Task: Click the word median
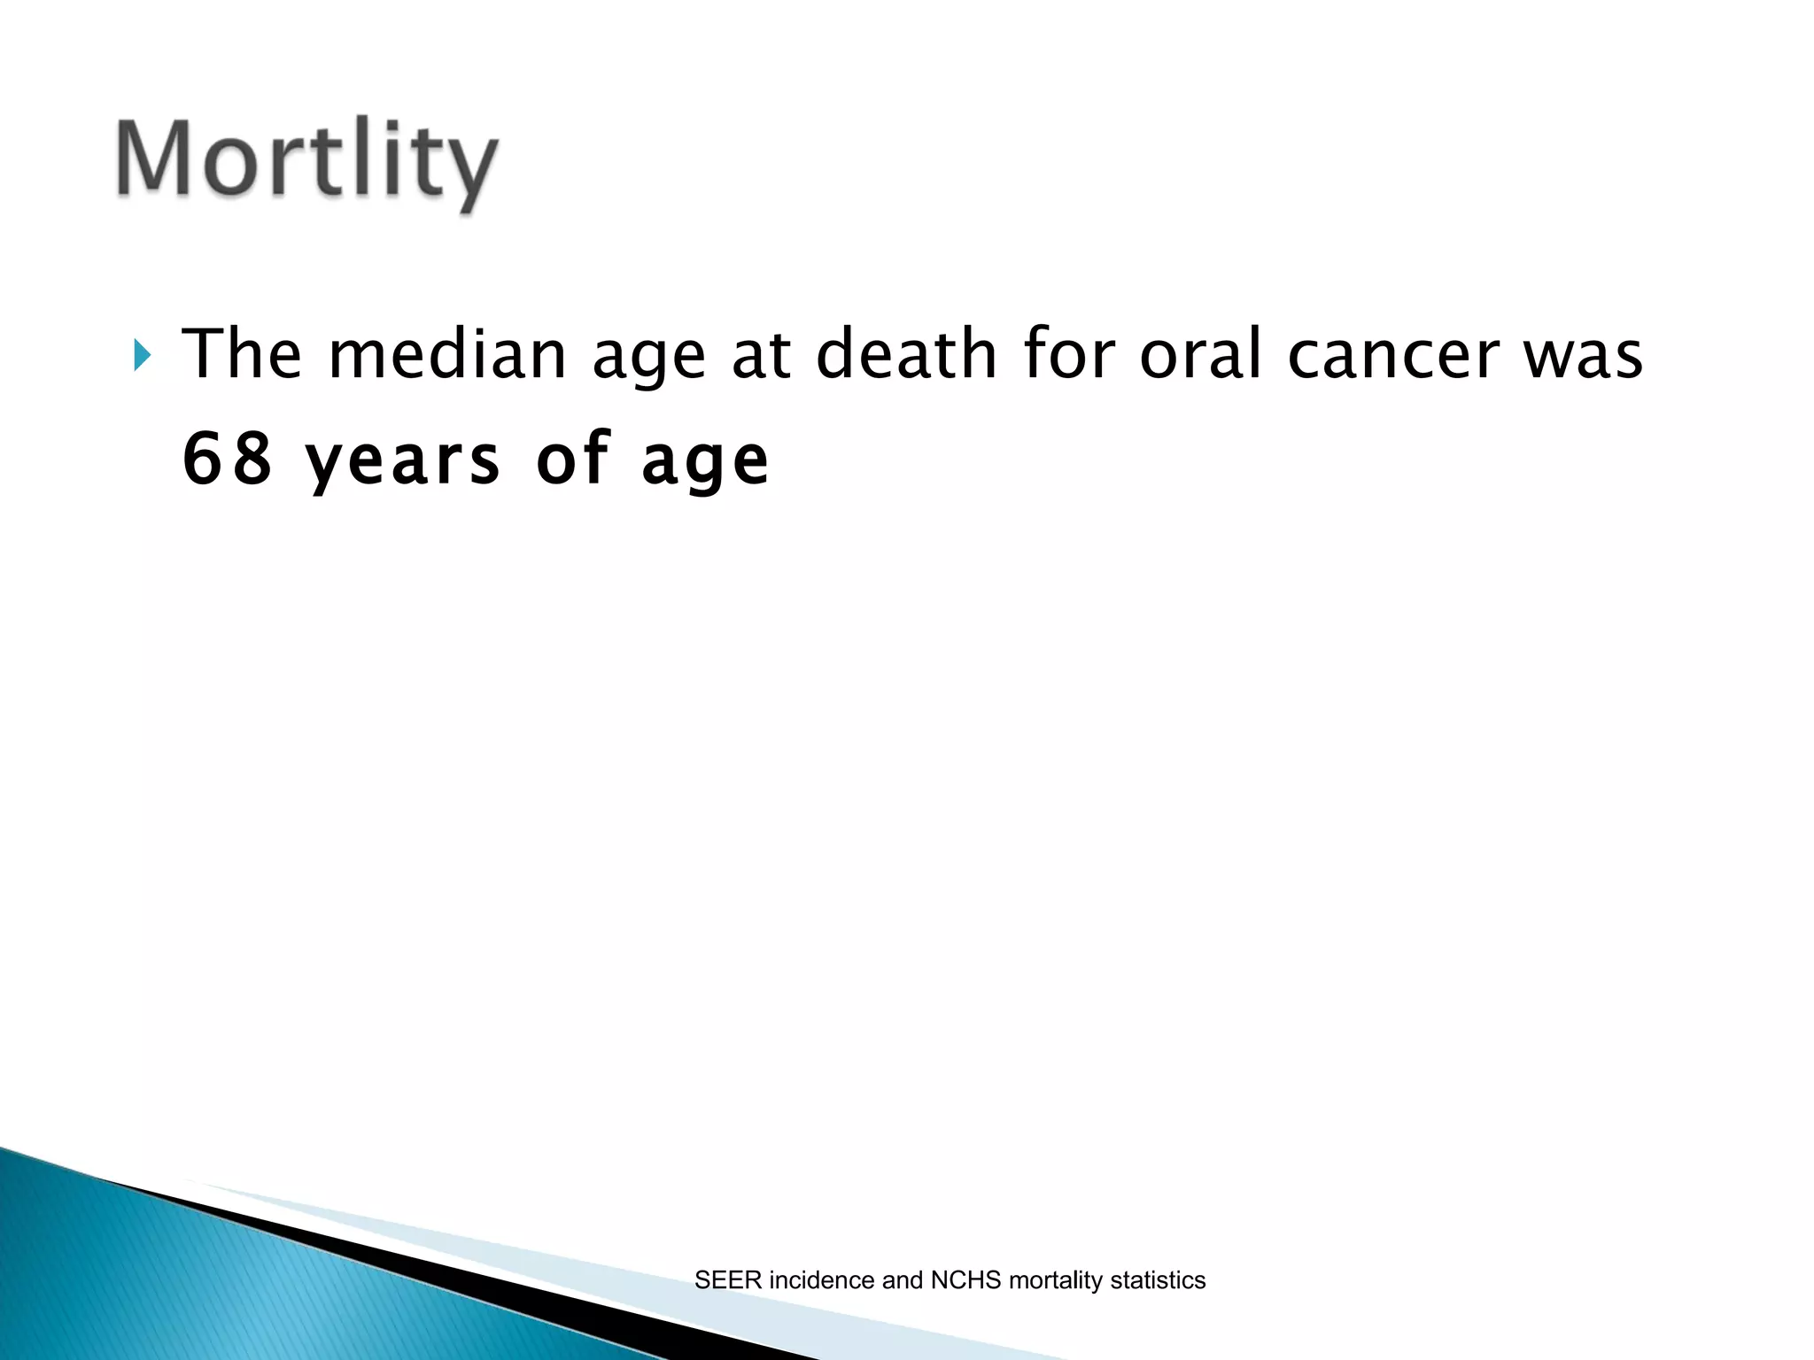pyautogui.click(x=447, y=354)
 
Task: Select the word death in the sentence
pyautogui.click(x=906, y=354)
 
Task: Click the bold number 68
pyautogui.click(x=227, y=459)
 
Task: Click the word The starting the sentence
pyautogui.click(x=242, y=354)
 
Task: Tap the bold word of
pyautogui.click(x=573, y=459)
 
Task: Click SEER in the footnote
pyautogui.click(x=727, y=1280)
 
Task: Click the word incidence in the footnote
pyautogui.click(x=821, y=1280)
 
